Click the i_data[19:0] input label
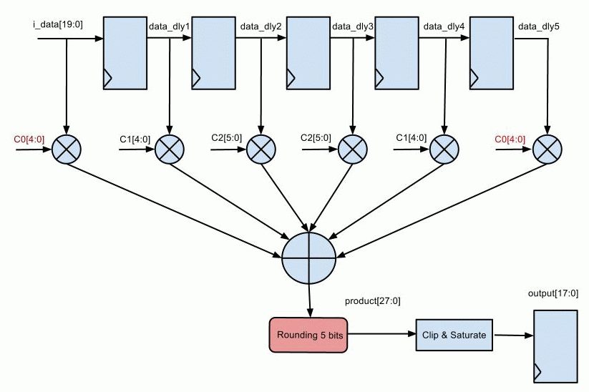click(x=59, y=26)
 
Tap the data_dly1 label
click(x=169, y=26)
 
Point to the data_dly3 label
click(x=353, y=26)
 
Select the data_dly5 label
click(x=538, y=26)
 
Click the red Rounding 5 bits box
click(x=308, y=335)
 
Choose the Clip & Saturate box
click(x=454, y=335)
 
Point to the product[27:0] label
click(x=373, y=301)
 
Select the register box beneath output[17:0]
click(x=555, y=346)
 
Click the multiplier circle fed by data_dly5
click(x=547, y=149)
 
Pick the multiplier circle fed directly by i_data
click(x=67, y=149)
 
